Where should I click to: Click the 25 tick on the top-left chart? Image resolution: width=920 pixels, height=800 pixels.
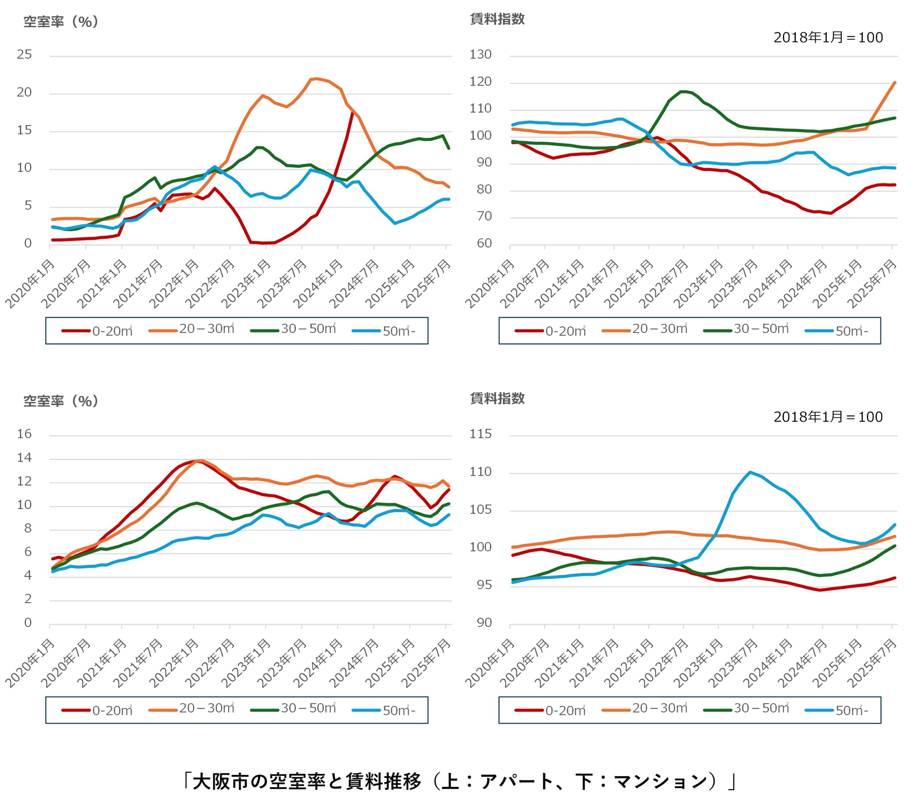tap(24, 55)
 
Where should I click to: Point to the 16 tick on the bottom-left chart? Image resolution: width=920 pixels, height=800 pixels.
tap(24, 434)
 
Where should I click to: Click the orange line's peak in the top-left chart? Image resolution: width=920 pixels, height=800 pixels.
tap(316, 79)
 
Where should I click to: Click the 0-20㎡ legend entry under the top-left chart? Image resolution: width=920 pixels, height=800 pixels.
tap(97, 331)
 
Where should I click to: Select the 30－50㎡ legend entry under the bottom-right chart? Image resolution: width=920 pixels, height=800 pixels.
tap(746, 710)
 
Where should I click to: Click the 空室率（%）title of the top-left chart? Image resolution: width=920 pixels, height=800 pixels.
tap(61, 22)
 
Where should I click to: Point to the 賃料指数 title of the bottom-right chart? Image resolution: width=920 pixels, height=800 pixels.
tap(497, 398)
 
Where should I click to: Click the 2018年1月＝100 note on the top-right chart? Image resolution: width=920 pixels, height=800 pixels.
tap(828, 37)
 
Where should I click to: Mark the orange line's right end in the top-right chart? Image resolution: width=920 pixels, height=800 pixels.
tap(895, 82)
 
